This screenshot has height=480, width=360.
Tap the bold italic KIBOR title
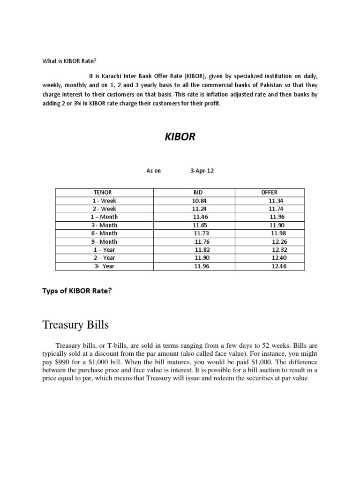click(x=180, y=137)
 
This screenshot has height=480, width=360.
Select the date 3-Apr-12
click(x=202, y=171)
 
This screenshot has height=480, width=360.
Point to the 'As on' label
click(x=153, y=171)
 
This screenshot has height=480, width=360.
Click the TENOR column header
click(x=103, y=192)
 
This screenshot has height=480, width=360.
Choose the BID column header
click(x=198, y=192)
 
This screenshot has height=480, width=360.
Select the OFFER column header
click(x=269, y=192)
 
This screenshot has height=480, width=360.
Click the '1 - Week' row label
click(x=104, y=201)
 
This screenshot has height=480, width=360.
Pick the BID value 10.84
click(x=200, y=201)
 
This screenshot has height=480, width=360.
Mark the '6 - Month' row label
click(x=104, y=233)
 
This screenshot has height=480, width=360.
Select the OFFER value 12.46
click(x=279, y=266)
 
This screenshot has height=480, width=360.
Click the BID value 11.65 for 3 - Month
click(x=201, y=225)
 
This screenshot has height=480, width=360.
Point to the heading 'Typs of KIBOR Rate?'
click(x=77, y=291)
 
